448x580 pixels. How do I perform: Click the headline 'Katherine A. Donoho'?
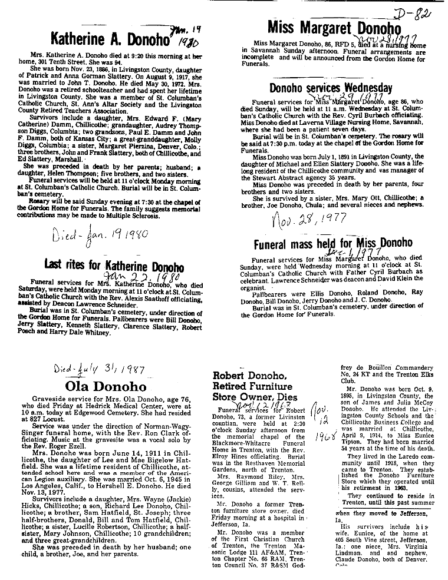110,39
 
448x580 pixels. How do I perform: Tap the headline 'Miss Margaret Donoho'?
334,28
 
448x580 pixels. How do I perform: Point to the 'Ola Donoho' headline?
106,386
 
